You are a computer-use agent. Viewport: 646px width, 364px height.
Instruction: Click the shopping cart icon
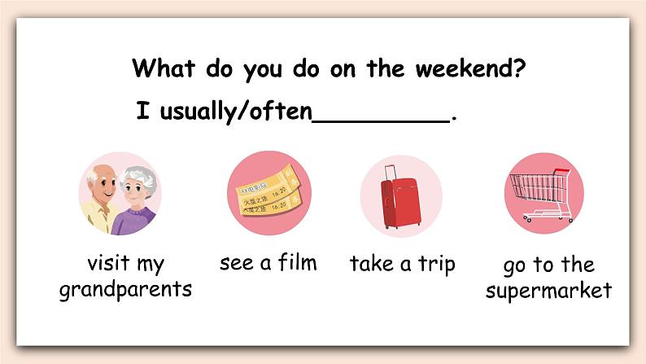coord(543,193)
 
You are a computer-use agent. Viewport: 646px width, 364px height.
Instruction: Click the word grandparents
coord(125,289)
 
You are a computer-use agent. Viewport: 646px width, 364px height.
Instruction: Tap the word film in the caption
coord(294,262)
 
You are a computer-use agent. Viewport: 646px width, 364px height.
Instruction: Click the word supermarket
coord(548,291)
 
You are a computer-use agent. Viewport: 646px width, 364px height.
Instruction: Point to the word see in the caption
coord(237,263)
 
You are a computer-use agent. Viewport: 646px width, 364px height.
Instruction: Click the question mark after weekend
coord(517,68)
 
